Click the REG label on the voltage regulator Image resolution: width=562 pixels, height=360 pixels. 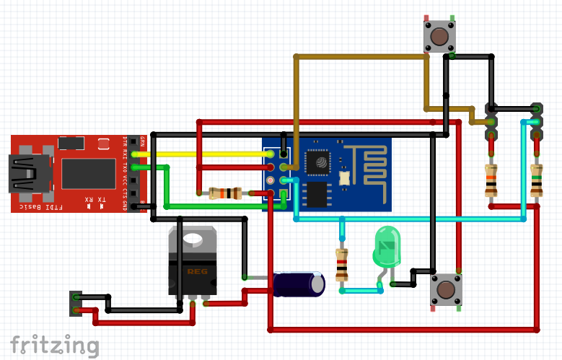193,272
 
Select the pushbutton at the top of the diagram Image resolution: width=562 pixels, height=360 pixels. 439,35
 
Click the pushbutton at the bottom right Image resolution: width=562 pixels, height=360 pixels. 446,290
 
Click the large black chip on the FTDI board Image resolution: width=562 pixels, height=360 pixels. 88,173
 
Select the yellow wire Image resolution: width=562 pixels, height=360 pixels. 202,154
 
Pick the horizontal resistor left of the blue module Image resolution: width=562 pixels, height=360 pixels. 224,193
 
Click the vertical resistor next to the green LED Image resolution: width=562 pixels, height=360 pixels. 341,264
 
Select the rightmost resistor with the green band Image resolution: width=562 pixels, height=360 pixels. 536,180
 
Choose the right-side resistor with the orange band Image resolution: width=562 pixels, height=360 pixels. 491,180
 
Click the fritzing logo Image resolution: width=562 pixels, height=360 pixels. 54,344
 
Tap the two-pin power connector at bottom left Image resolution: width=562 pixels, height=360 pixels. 76,303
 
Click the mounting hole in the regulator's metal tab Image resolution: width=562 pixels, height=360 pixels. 193,239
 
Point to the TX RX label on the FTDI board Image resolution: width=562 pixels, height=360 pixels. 95,199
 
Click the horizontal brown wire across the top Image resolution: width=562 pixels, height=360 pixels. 361,56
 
